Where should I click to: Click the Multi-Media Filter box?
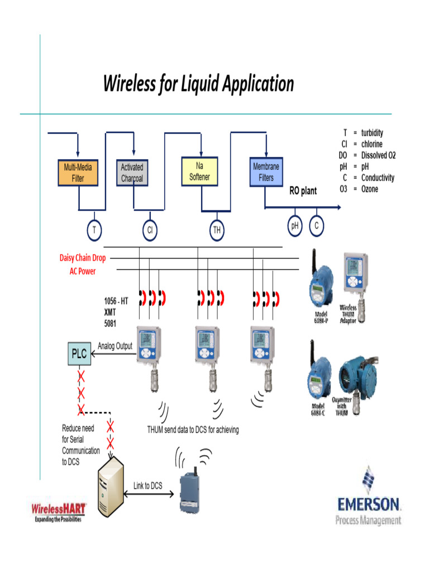point(78,173)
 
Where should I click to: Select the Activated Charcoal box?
point(132,173)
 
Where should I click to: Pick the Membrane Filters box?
point(266,172)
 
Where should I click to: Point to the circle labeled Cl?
point(149,230)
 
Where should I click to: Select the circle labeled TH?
point(217,230)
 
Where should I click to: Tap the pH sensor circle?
point(295,226)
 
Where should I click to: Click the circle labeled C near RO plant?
point(316,226)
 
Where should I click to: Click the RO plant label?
point(303,191)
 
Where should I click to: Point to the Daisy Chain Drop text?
point(83,258)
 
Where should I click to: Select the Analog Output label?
point(115,346)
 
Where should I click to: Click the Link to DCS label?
point(148,486)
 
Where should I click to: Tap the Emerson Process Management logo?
point(368,498)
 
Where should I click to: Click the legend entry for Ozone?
point(368,189)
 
